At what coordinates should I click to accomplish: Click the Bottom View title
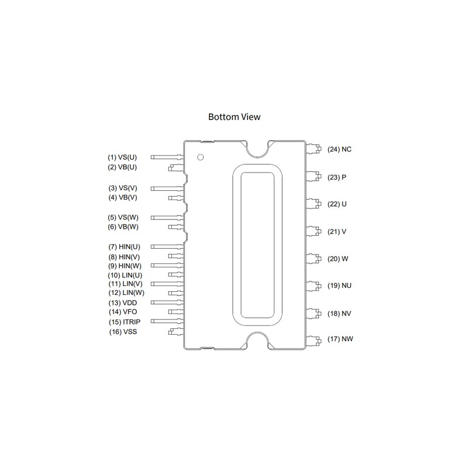[x=235, y=116]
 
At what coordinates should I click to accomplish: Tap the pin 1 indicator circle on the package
[x=201, y=157]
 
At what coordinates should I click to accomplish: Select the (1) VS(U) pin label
[x=122, y=157]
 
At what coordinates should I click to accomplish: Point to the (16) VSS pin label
[x=123, y=332]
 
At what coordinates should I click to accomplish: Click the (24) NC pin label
[x=339, y=149]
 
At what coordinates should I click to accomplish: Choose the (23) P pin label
[x=337, y=177]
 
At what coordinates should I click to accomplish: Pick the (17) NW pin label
[x=340, y=339]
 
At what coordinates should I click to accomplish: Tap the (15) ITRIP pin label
[x=125, y=322]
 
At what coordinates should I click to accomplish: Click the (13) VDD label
[x=123, y=303]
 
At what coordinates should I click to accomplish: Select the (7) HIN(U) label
[x=124, y=247]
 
